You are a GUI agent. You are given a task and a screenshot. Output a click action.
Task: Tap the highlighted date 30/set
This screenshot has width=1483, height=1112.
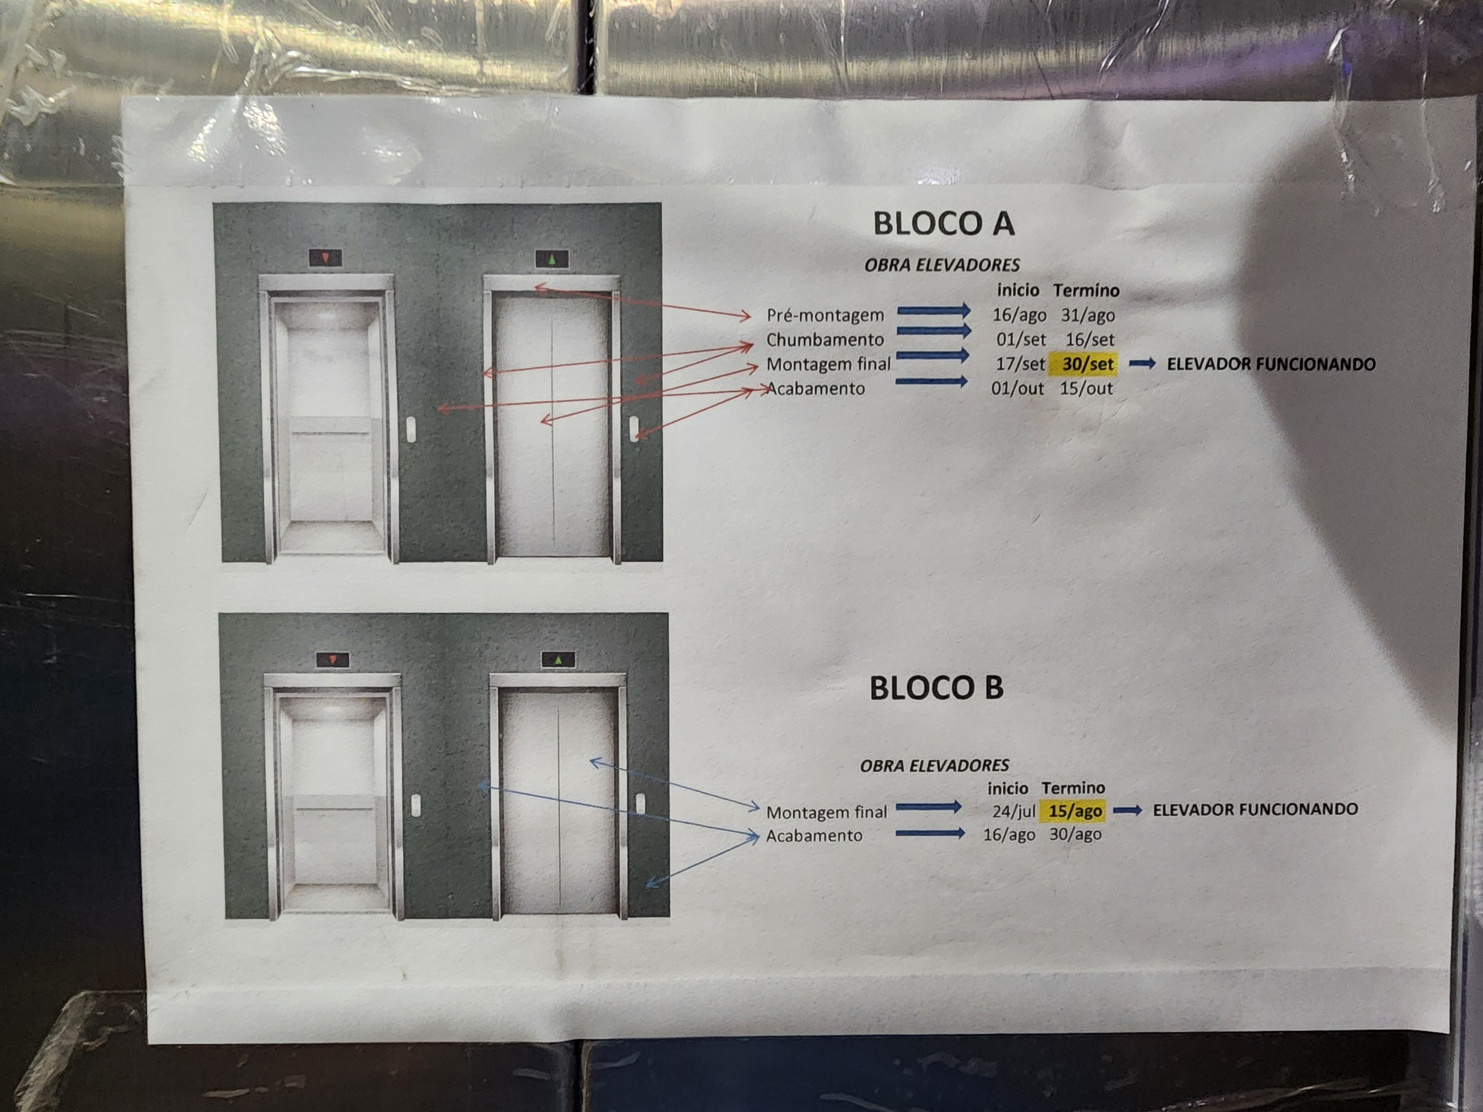coord(1087,364)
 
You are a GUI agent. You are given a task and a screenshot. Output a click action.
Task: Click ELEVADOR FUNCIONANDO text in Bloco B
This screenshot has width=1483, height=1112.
coord(1255,809)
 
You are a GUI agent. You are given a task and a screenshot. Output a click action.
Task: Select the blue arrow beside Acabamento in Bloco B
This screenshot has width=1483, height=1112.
coord(930,833)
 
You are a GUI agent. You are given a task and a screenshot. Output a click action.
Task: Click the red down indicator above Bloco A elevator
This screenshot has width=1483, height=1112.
coord(325,257)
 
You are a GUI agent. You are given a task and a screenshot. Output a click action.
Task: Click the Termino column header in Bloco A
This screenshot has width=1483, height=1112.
coord(1086,290)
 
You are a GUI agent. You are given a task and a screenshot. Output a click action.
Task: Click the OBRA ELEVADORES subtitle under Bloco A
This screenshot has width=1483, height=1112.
coord(942,265)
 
